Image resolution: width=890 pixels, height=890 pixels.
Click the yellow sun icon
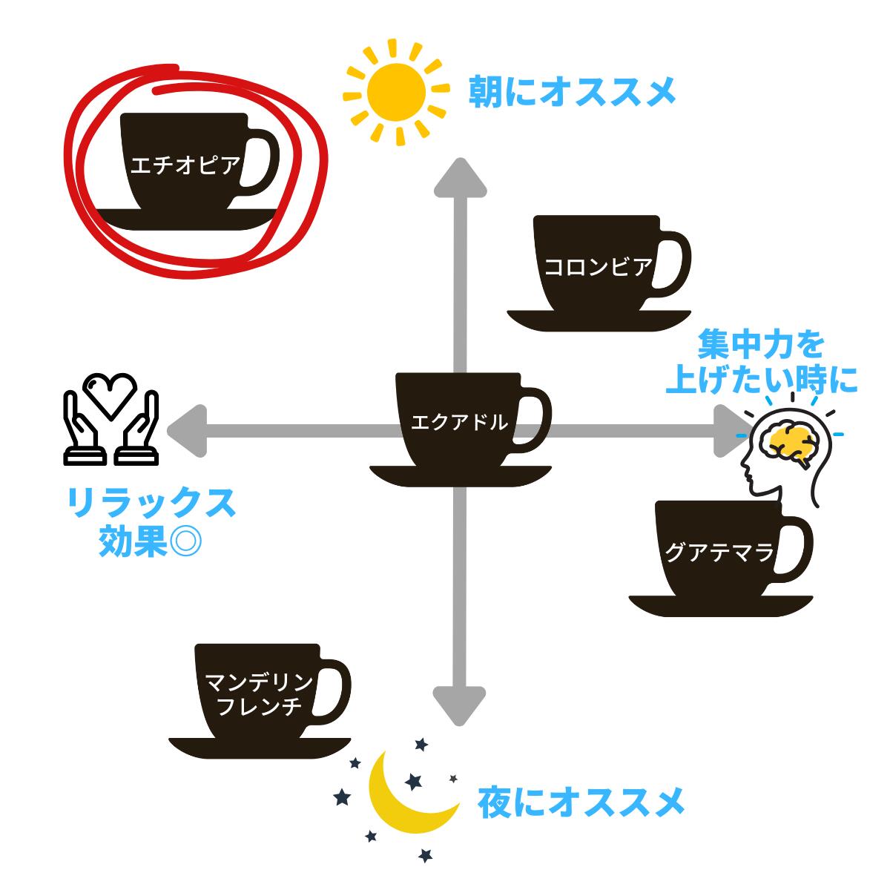click(x=396, y=93)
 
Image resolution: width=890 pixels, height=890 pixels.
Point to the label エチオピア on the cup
click(x=185, y=165)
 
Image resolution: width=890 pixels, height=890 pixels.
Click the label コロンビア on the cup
click(x=598, y=268)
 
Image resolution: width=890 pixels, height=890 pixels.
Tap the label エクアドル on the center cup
click(x=459, y=422)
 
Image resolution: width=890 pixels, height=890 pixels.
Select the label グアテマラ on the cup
click(x=719, y=553)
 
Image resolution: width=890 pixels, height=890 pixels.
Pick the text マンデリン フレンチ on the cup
click(x=259, y=695)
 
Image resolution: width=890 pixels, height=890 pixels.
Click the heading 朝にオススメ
click(x=573, y=93)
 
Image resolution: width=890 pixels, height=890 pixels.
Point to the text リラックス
click(x=152, y=503)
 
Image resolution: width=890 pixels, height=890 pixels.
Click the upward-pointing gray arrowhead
click(x=460, y=178)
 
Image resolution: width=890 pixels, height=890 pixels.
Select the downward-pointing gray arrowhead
click(x=459, y=705)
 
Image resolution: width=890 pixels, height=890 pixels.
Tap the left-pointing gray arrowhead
click(x=187, y=431)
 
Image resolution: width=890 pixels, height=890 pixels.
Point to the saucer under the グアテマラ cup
click(x=720, y=606)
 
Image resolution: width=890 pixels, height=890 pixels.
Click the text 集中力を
click(x=761, y=345)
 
